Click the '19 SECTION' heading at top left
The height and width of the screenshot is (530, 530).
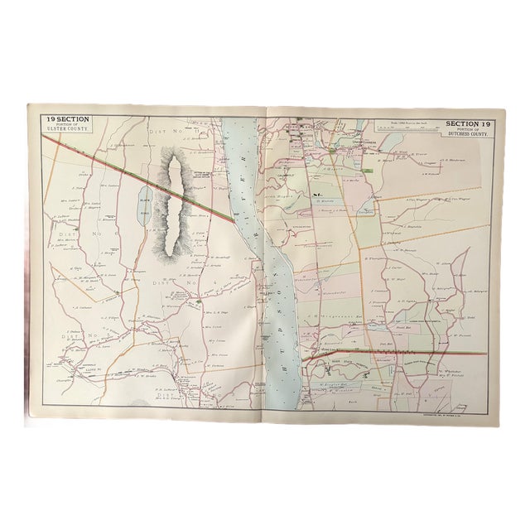tap(67, 118)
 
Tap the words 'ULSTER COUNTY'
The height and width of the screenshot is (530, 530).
tap(67, 129)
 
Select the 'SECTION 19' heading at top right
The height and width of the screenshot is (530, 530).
tap(468, 123)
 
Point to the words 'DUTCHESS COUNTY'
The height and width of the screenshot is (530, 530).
tap(468, 133)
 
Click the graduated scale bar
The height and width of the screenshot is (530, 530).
tap(406, 128)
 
